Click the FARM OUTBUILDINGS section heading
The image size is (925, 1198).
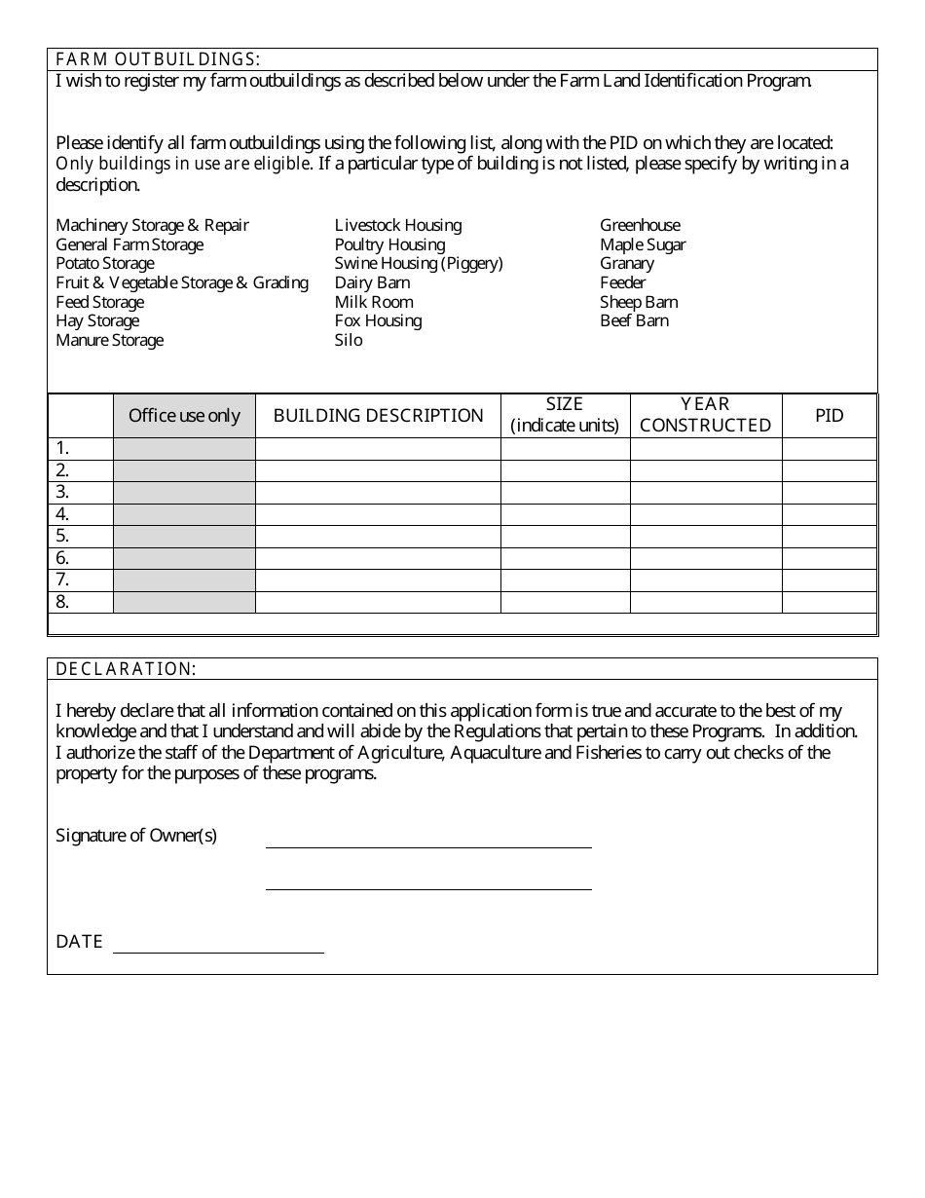157,59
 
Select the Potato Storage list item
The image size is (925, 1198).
104,264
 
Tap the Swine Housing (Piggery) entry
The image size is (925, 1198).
419,264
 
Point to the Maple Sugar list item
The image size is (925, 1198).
643,245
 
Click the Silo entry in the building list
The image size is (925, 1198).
349,340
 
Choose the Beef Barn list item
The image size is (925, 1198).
634,321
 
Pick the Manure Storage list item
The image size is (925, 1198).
109,340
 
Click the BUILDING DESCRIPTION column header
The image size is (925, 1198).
378,416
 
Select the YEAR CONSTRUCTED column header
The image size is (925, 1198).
706,415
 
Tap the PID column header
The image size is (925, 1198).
829,416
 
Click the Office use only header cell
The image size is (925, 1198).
184,416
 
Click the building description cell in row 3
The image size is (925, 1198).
378,492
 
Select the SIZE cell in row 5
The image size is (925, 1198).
565,536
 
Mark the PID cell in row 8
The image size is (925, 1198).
829,602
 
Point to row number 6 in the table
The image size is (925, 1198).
63,558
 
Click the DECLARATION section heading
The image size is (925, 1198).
126,669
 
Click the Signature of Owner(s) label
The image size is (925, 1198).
136,836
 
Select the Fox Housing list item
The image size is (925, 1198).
378,321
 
